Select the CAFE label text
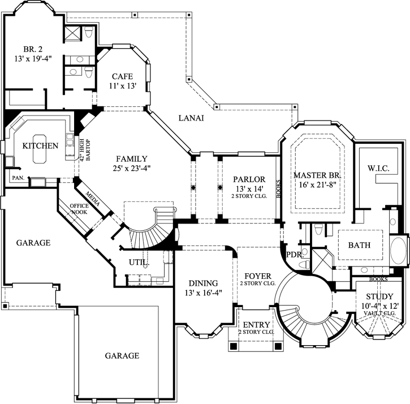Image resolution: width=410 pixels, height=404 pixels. [x=122, y=76]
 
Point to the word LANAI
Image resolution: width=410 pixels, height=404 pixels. [x=191, y=118]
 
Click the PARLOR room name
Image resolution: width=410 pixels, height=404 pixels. [x=249, y=179]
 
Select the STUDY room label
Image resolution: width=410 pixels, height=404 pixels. [x=379, y=296]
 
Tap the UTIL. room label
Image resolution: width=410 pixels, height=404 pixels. [x=139, y=263]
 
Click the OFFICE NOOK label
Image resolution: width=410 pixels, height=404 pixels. [x=80, y=209]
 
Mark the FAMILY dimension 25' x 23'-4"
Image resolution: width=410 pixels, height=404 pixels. [x=131, y=168]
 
